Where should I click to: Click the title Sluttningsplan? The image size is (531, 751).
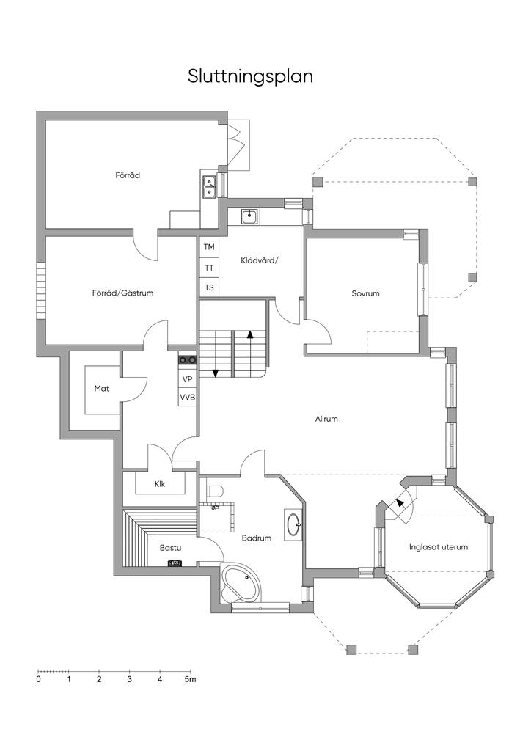tap(250, 77)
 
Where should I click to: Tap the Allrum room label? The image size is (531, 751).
tap(326, 419)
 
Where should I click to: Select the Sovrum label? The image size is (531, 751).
tap(365, 293)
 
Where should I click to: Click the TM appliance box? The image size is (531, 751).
tap(209, 247)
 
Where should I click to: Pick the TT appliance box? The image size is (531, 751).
tap(209, 268)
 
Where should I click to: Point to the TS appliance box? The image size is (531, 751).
tap(209, 287)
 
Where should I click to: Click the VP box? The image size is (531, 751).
tap(187, 379)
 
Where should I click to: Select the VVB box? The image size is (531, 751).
tap(187, 398)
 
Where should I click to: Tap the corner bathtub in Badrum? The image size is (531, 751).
tap(241, 582)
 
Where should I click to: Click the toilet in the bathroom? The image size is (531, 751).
tap(215, 491)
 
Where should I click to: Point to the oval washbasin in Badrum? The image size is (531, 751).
tap(293, 524)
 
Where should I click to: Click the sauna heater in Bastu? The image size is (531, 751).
tap(175, 563)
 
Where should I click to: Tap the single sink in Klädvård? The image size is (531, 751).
tap(249, 216)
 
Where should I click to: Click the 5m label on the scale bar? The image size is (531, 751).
tap(191, 679)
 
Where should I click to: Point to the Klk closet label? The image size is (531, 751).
tap(160, 484)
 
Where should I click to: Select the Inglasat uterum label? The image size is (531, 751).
tap(438, 547)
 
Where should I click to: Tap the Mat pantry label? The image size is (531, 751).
tap(101, 389)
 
